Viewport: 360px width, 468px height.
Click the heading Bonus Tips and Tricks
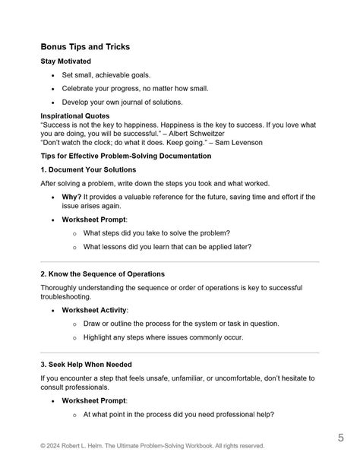85,47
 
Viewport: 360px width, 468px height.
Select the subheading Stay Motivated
69,62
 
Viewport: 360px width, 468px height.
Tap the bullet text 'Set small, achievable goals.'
111,76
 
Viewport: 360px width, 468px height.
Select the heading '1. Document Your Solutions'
88,169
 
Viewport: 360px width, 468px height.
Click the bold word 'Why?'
71,197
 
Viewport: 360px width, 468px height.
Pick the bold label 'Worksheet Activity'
95,310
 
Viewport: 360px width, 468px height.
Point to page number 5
342,438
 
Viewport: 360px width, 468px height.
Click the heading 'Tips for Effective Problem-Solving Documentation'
125,156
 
